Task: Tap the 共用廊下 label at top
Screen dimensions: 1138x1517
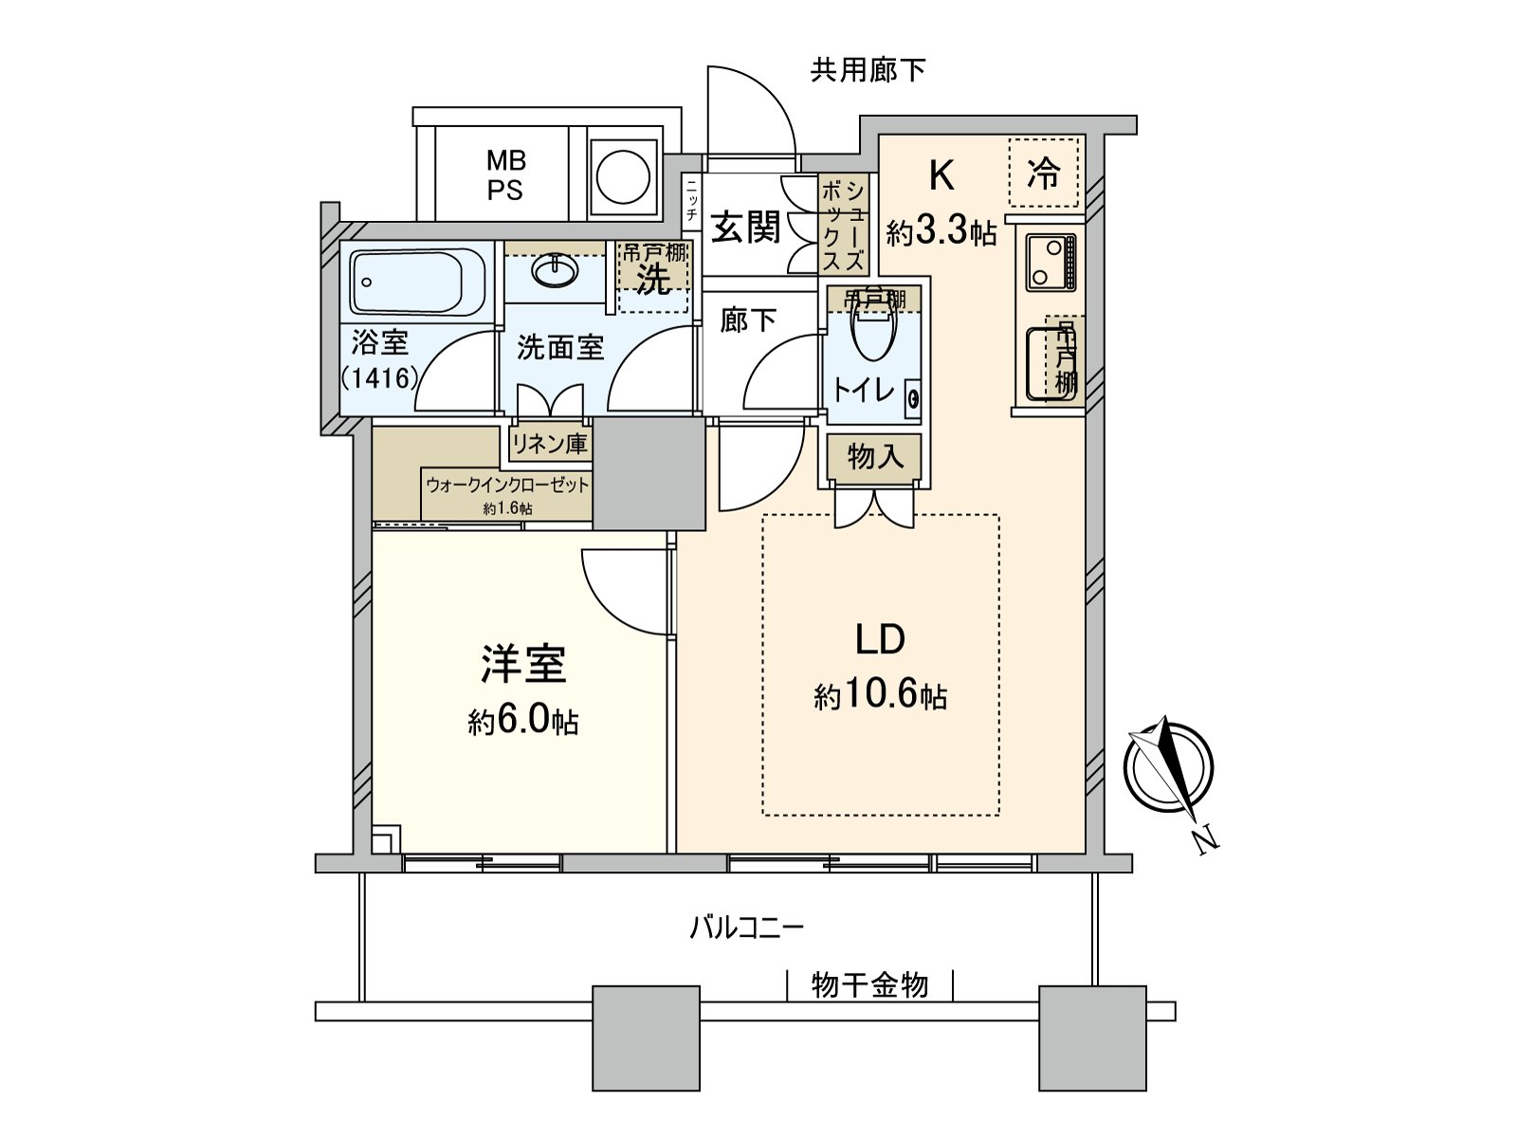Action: (x=868, y=69)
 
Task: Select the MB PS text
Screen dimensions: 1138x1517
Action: (x=506, y=174)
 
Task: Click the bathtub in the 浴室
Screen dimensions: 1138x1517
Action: (x=407, y=282)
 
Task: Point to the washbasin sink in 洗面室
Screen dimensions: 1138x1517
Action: (x=555, y=272)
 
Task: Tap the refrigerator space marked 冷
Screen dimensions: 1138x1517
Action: (x=1043, y=173)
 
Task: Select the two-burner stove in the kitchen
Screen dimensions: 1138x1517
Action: (x=1051, y=263)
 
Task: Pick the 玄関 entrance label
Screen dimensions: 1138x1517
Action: (x=746, y=227)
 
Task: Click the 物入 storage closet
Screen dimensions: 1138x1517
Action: (x=873, y=458)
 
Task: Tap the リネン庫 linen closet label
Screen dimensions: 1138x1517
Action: (x=550, y=443)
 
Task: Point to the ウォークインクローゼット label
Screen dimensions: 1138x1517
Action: (x=507, y=485)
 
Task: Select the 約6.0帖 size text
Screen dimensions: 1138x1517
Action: (x=523, y=722)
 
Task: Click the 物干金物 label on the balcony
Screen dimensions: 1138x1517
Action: (x=869, y=985)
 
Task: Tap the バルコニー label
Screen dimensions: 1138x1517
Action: (x=746, y=926)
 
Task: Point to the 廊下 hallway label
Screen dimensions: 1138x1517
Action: (x=748, y=321)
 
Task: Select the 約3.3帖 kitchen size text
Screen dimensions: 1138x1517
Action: (x=941, y=230)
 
